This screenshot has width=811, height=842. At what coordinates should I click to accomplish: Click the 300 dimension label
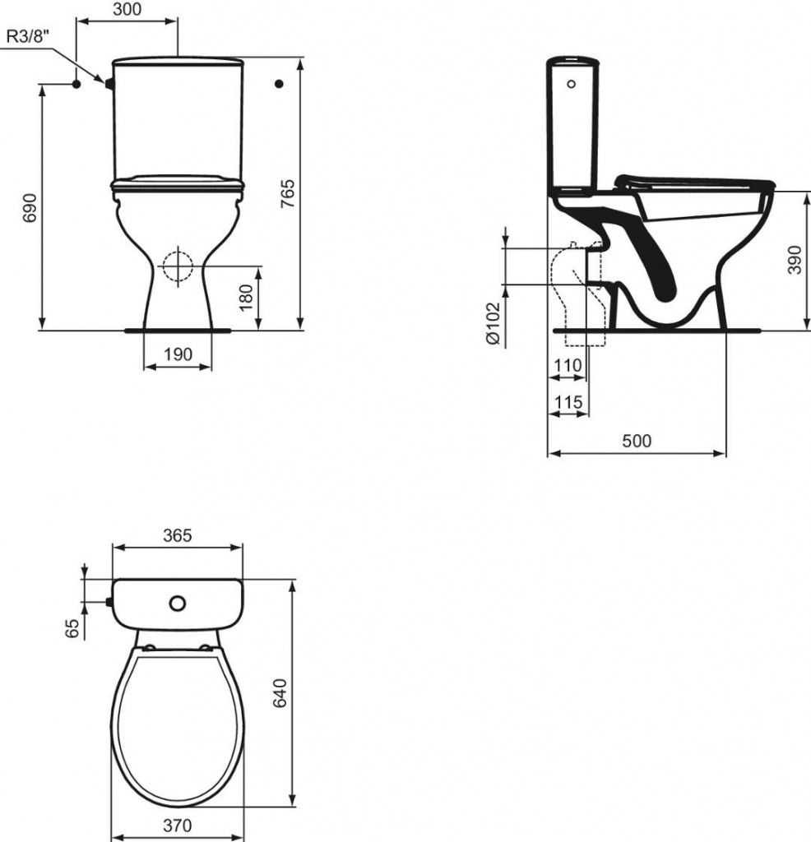coord(127,9)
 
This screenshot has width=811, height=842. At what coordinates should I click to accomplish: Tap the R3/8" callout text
coord(28,37)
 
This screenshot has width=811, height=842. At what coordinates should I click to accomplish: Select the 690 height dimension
coord(30,208)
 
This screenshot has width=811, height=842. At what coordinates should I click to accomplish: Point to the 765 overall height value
coord(288,194)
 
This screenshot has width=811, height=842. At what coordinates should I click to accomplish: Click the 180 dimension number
coord(245,298)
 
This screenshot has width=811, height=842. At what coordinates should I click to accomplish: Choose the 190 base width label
coord(178,354)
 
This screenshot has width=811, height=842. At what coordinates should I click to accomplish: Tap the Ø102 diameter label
coord(493,323)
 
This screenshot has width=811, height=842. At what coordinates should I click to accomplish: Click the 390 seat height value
coord(795,260)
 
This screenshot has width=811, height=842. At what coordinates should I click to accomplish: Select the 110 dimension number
coord(568,366)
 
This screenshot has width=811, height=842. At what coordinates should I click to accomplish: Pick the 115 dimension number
coord(568,402)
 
